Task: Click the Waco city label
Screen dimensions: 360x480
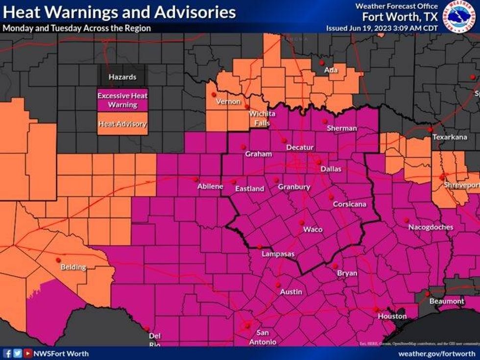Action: pyautogui.click(x=312, y=229)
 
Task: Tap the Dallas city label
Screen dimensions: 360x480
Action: pyautogui.click(x=331, y=169)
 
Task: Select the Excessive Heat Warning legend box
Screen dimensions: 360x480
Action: pyautogui.click(x=122, y=100)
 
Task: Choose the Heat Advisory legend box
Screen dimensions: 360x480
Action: pyautogui.click(x=122, y=124)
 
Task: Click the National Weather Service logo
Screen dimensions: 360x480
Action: pyautogui.click(x=460, y=16)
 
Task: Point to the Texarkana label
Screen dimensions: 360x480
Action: pyautogui.click(x=450, y=137)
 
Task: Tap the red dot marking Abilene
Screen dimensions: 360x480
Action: pyautogui.click(x=195, y=179)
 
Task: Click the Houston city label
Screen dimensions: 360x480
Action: pyautogui.click(x=392, y=316)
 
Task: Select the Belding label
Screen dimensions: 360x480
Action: pyautogui.click(x=73, y=267)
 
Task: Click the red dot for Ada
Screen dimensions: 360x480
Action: pyautogui.click(x=322, y=63)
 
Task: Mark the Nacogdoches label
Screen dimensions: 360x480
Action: pyautogui.click(x=431, y=227)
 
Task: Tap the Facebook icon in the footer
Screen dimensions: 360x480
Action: pyautogui.click(x=7, y=353)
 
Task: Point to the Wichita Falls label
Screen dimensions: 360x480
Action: pyautogui.click(x=262, y=118)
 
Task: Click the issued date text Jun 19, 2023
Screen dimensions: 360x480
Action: pyautogui.click(x=372, y=28)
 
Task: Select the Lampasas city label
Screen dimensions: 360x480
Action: pyautogui.click(x=278, y=254)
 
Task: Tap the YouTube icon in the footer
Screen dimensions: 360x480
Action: pyautogui.click(x=28, y=353)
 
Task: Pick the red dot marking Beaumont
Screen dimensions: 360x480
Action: pyautogui.click(x=427, y=294)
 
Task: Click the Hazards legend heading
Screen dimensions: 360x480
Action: pyautogui.click(x=122, y=77)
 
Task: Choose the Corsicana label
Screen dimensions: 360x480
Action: pyautogui.click(x=349, y=204)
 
